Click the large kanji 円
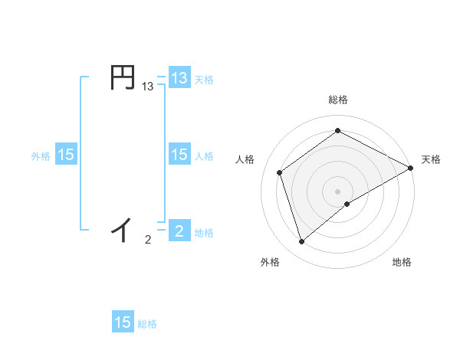[x=123, y=78]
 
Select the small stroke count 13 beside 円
[x=148, y=88]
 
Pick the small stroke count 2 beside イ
[x=148, y=241]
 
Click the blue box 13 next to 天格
[x=179, y=77]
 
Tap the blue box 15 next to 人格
[x=179, y=155]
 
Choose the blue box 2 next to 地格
[x=179, y=231]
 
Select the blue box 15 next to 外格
[x=66, y=155]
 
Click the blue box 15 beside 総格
[x=123, y=322]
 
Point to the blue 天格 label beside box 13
[x=203, y=79]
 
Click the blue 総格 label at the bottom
[x=147, y=324]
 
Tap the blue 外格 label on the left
[x=41, y=156]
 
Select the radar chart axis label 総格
[x=337, y=100]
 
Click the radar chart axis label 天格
[x=431, y=159]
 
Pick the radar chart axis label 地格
[x=402, y=262]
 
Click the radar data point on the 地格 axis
[x=348, y=204]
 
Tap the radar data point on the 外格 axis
[x=301, y=242]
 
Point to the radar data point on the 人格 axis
[x=280, y=172]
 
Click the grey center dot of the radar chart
[x=337, y=191]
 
